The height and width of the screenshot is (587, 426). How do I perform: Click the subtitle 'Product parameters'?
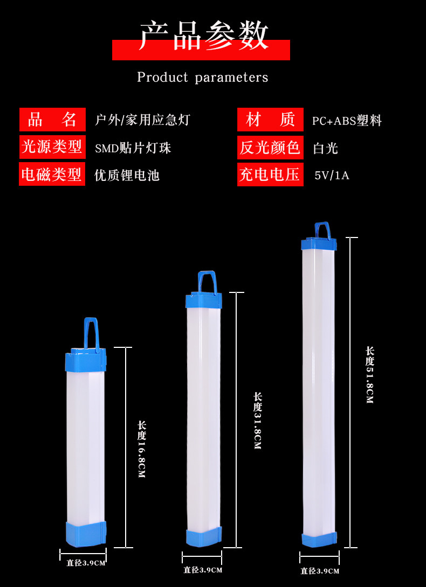point(202,77)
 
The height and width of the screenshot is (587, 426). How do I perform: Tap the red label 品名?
point(52,120)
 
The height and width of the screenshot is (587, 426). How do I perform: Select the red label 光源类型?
point(52,146)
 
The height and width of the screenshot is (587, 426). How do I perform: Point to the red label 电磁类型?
point(52,174)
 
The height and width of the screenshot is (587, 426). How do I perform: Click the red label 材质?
point(270,120)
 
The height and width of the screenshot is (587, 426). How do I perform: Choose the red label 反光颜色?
point(270,147)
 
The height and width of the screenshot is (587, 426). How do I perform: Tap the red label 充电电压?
point(270,174)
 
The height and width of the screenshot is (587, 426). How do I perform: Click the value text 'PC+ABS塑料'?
point(347,121)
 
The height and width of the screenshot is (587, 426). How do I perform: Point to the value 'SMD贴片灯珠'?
point(133,148)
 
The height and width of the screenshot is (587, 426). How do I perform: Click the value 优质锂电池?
point(127,175)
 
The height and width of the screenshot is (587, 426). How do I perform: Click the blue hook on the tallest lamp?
point(322,230)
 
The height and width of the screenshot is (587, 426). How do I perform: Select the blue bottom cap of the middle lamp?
point(203,537)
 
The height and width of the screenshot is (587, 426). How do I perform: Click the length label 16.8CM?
point(142,450)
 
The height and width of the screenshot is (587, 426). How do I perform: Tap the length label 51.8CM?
point(369,375)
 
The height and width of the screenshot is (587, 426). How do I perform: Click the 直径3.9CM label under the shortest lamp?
point(86,563)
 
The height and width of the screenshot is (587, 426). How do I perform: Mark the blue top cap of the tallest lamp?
point(319,244)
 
